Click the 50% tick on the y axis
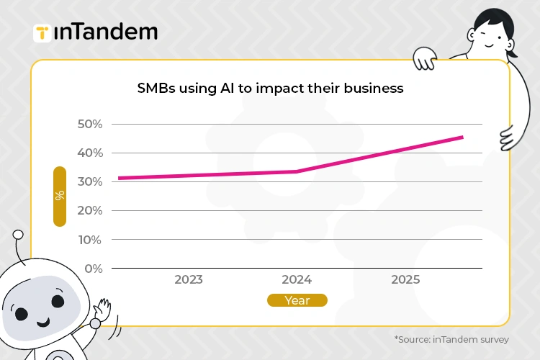point(90,124)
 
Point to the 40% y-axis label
point(90,153)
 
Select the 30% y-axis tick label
point(90,181)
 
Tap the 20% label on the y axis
point(90,210)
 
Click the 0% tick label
point(94,268)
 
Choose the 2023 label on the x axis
point(189,279)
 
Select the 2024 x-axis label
point(297,279)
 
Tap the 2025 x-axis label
point(405,279)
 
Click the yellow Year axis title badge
point(297,300)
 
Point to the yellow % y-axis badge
point(60,196)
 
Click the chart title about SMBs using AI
point(270,89)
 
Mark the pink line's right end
point(462,137)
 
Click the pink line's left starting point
point(120,178)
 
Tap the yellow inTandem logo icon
point(42,32)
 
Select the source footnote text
point(451,339)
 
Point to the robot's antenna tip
point(18,235)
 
